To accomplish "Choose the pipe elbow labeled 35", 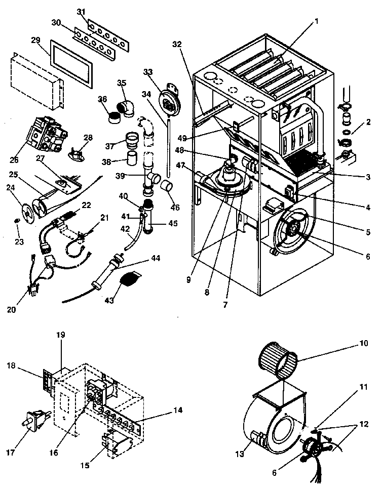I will point(125,107).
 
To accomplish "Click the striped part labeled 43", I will point(130,279).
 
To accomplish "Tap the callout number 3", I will point(368,177).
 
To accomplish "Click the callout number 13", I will point(239,454).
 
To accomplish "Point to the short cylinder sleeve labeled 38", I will point(134,162).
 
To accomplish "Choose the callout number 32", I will point(176,44).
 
